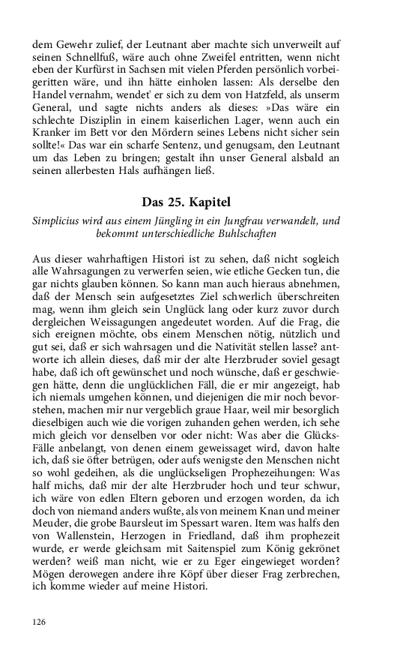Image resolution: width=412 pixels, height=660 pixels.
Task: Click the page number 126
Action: click(x=40, y=622)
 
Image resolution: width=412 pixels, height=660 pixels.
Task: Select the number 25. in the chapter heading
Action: click(x=178, y=202)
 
